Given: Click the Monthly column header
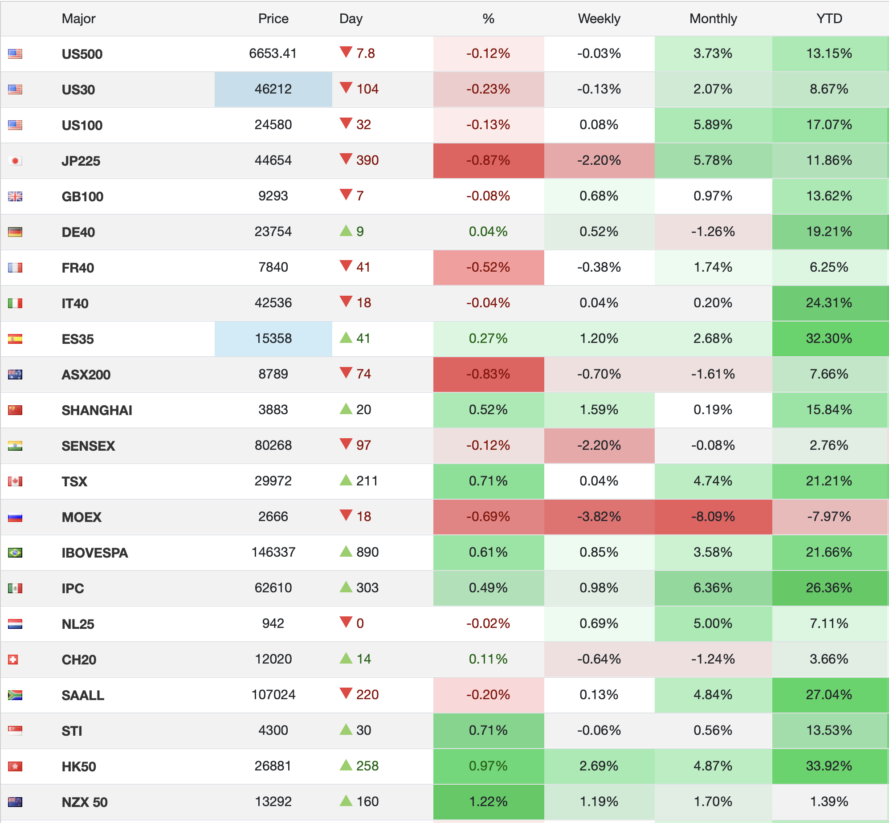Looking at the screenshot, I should [x=713, y=19].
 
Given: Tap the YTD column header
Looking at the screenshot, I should [x=829, y=19].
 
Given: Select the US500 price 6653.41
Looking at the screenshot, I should [x=273, y=53].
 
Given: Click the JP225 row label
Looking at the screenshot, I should [x=81, y=161].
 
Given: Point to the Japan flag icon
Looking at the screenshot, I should [x=15, y=161].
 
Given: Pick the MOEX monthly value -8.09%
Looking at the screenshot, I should [x=713, y=517].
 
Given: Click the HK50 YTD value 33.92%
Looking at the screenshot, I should [x=829, y=766].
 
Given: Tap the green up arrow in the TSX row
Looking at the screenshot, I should [x=346, y=480].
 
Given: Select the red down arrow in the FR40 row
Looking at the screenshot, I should [x=346, y=266].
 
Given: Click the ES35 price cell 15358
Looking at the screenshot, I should [x=273, y=338].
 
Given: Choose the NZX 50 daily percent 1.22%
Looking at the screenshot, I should [x=488, y=802].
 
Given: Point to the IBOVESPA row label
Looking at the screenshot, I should [x=95, y=553].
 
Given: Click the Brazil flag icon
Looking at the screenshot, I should [x=15, y=553].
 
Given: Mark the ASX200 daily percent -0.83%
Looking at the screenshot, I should [x=488, y=374].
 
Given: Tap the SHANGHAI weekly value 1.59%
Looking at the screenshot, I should [x=599, y=410].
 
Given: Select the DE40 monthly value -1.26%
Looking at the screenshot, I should [x=713, y=232].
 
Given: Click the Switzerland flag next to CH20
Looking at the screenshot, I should [x=13, y=660].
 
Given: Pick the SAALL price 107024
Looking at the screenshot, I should [x=273, y=695].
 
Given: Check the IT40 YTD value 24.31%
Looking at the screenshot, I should [x=829, y=303].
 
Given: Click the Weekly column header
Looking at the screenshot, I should [x=599, y=19].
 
